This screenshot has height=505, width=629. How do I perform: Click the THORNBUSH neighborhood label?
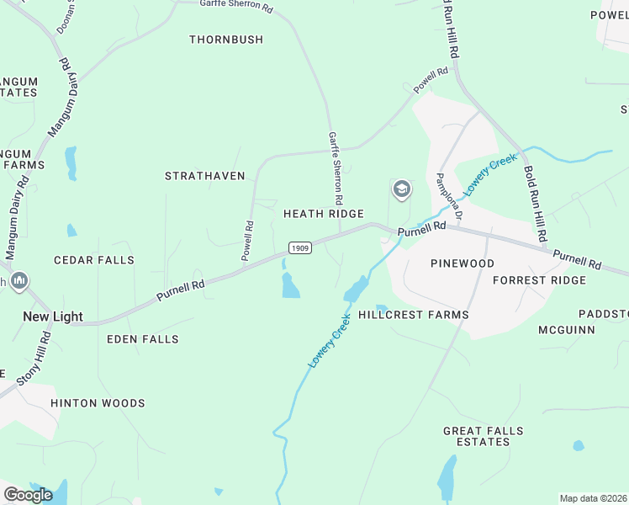click(226, 40)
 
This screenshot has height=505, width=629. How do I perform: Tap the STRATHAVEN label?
click(205, 176)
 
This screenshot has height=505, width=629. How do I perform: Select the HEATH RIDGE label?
click(323, 214)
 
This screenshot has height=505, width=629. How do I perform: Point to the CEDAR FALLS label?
click(94, 260)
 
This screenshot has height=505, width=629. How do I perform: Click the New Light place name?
click(52, 316)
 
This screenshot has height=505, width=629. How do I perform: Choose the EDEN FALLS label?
click(143, 339)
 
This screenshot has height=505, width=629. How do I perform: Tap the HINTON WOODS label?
click(98, 403)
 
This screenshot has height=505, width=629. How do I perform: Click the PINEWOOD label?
click(462, 263)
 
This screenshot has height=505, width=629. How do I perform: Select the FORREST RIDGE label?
click(539, 279)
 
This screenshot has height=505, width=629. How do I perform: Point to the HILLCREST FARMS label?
click(414, 315)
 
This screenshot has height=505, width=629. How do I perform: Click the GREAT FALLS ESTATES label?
click(484, 436)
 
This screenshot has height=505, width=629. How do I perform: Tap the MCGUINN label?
click(567, 330)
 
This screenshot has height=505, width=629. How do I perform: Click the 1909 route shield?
click(300, 247)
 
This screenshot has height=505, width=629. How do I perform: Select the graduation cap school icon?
click(402, 189)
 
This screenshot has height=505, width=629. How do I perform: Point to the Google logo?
click(28, 494)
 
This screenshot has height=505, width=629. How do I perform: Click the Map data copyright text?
click(594, 498)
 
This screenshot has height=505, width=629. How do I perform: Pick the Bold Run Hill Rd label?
click(536, 203)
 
